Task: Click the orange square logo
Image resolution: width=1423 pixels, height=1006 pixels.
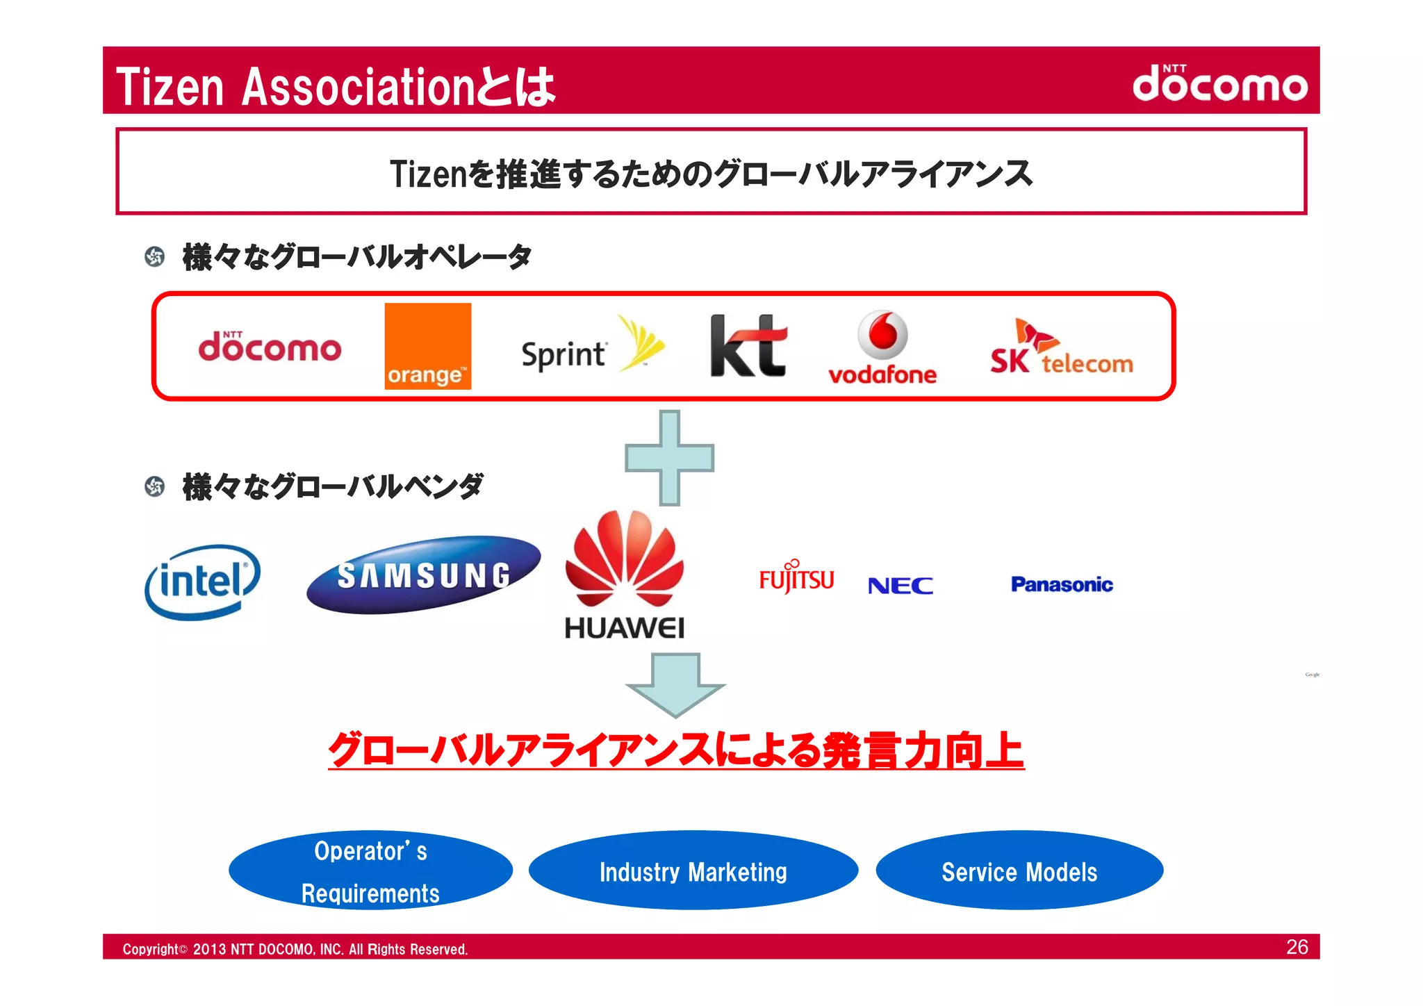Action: tap(427, 346)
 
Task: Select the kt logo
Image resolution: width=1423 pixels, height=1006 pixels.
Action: tap(748, 346)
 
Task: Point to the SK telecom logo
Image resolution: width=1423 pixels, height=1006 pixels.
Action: tap(1061, 349)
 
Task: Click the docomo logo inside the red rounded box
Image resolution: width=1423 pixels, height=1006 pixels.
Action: tap(270, 347)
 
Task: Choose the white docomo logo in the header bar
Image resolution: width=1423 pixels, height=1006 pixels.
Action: tap(1219, 83)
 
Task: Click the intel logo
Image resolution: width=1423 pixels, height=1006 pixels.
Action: tap(202, 582)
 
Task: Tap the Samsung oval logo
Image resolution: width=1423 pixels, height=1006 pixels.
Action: tap(423, 575)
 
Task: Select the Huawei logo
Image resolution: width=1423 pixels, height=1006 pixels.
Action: tap(624, 575)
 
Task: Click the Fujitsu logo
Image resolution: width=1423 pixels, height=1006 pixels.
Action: tap(796, 577)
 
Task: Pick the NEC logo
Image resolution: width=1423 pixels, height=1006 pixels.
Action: tap(900, 586)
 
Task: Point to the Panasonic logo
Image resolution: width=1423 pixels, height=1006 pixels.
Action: tap(1062, 584)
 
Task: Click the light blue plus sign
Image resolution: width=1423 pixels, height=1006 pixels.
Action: tap(669, 458)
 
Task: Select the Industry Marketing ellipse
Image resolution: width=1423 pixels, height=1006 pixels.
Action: tap(693, 871)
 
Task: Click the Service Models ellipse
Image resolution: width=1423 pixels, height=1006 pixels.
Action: tap(1019, 871)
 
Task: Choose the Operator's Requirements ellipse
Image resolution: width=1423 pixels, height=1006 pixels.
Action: tap(370, 871)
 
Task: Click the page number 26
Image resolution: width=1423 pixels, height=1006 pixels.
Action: tap(1297, 947)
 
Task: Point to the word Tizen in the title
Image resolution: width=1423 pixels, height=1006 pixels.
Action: tap(170, 87)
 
